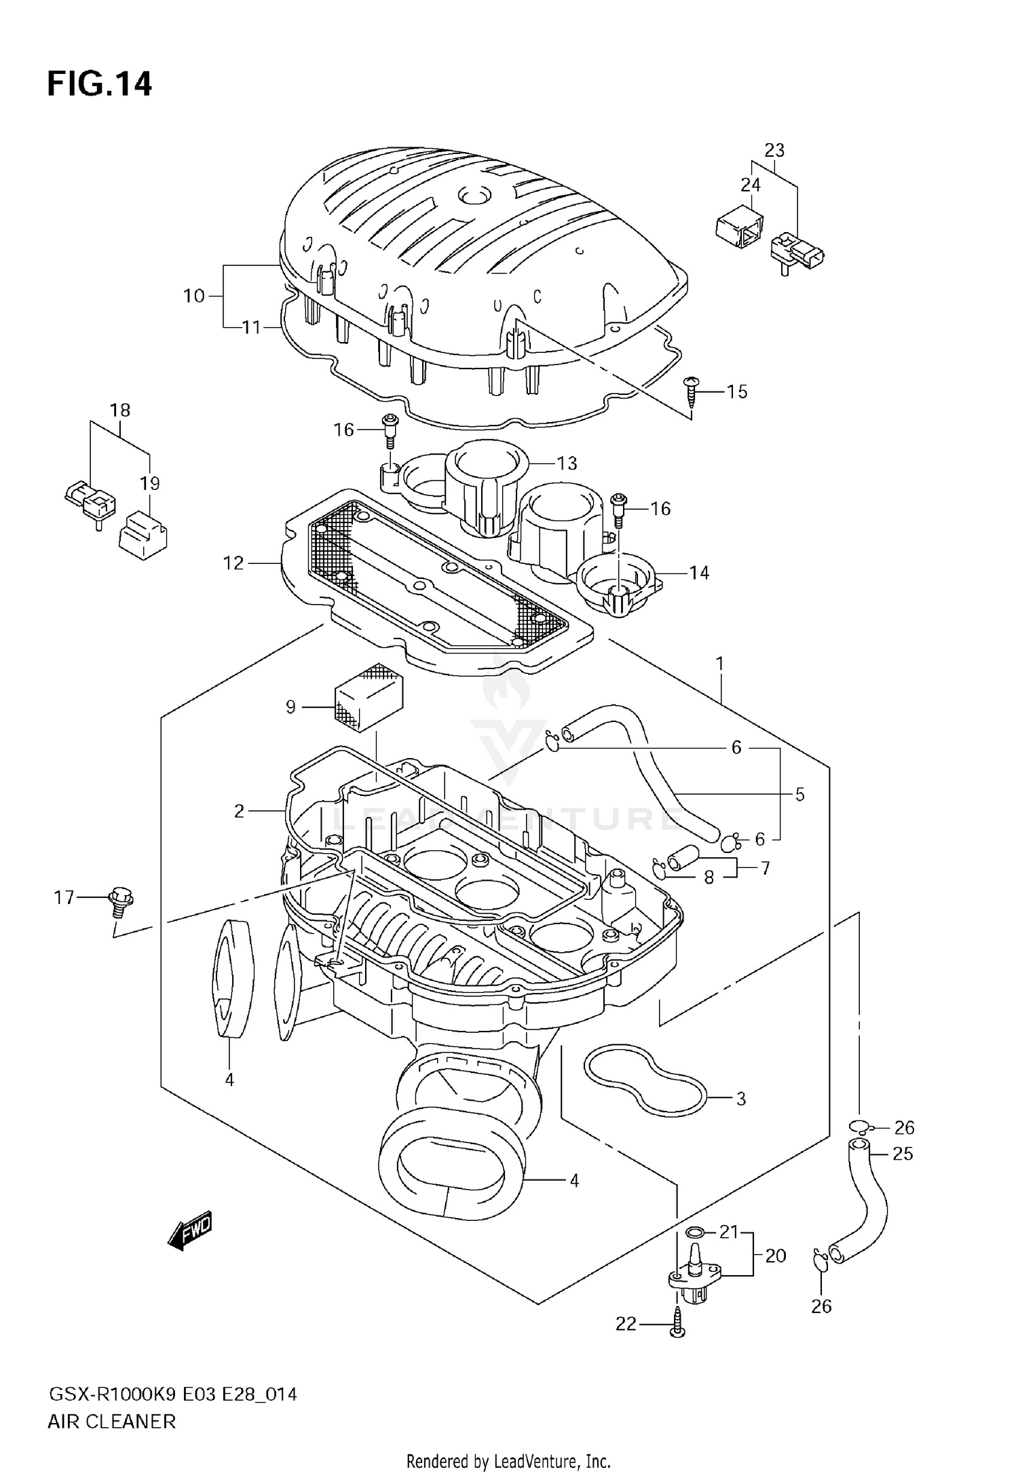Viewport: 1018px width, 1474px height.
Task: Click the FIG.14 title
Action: click(x=100, y=85)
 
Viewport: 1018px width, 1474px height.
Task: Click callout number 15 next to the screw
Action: click(x=736, y=392)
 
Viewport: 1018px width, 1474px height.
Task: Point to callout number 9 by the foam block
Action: click(x=290, y=708)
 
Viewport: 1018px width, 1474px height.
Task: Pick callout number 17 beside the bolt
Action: click(x=64, y=898)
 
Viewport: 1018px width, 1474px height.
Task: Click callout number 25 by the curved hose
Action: click(x=903, y=1154)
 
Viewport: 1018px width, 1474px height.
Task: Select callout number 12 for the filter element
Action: click(x=233, y=563)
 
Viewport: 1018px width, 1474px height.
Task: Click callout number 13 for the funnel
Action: click(x=567, y=464)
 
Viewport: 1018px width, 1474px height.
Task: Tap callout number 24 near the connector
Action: click(x=751, y=185)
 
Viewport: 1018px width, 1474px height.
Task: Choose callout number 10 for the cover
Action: click(x=194, y=297)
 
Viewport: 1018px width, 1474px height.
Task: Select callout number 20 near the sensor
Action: click(x=775, y=1256)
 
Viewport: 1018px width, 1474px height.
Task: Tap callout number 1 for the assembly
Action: click(x=719, y=664)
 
